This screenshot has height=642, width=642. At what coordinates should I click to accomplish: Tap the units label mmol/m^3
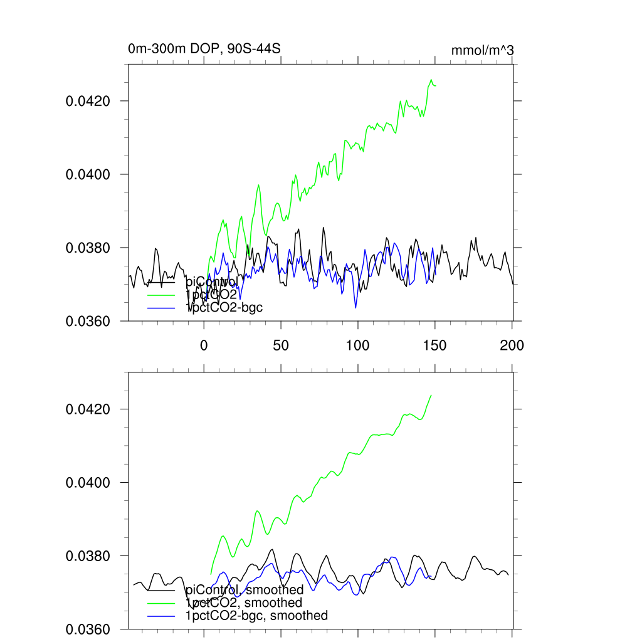(482, 50)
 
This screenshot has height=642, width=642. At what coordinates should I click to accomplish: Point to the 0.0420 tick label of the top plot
(88, 101)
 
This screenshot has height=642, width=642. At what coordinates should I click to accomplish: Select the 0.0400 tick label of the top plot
(88, 174)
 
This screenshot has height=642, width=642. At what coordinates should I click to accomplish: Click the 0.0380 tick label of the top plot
(88, 248)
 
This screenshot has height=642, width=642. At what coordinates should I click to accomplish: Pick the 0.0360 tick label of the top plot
(88, 321)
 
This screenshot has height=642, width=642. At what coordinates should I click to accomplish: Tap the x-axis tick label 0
(204, 345)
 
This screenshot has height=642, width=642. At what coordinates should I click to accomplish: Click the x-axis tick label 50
(280, 345)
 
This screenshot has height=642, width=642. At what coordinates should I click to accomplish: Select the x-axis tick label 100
(357, 345)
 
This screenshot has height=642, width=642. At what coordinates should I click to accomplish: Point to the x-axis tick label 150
(434, 345)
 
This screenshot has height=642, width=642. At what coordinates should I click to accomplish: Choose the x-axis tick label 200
(512, 345)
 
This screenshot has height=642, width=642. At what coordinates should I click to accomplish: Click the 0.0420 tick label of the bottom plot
(88, 409)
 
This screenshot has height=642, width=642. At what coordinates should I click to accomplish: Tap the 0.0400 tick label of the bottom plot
(88, 483)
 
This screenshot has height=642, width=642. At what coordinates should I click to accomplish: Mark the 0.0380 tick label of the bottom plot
(88, 556)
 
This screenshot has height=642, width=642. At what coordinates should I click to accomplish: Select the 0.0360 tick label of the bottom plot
(88, 629)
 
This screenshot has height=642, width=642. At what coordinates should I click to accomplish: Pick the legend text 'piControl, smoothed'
(245, 589)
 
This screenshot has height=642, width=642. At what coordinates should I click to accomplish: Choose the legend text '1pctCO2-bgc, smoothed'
(256, 616)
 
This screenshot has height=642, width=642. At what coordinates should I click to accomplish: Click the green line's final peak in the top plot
(431, 80)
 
